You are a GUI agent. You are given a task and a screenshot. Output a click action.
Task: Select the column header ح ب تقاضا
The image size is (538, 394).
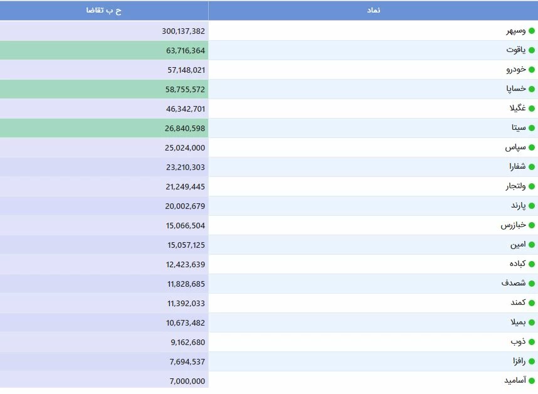(x=104, y=11)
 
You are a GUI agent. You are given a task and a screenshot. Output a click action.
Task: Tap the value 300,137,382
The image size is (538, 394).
(x=183, y=31)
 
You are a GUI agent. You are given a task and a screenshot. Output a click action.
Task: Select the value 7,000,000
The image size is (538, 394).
(x=187, y=381)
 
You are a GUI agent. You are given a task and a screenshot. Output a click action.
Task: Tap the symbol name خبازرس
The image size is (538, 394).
(x=514, y=225)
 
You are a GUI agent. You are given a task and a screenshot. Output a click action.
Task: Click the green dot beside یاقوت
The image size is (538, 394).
(x=532, y=51)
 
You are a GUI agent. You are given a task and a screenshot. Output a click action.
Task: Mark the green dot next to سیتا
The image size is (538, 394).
(x=532, y=129)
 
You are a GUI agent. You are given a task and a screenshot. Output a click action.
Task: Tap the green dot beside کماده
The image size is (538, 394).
(x=532, y=265)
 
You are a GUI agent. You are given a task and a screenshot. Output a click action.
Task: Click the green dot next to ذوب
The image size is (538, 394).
(x=532, y=343)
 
